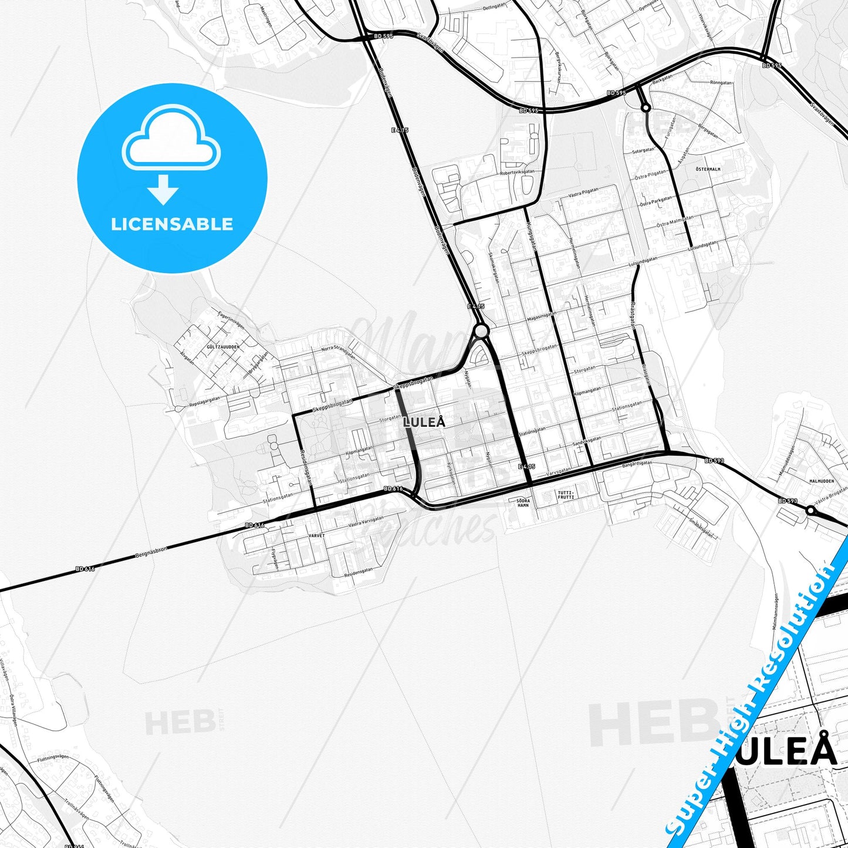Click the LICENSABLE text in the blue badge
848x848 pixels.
tap(172, 224)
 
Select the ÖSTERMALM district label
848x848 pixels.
tap(707, 169)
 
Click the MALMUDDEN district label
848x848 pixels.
tap(821, 481)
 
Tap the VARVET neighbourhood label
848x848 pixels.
tap(316, 536)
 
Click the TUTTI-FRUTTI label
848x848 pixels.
tap(566, 494)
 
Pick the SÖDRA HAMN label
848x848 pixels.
tap(523, 503)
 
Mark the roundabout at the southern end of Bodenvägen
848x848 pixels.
tap(481, 332)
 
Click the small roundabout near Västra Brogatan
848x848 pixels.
tap(810, 511)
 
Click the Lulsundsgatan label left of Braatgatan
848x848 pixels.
tap(643, 259)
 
